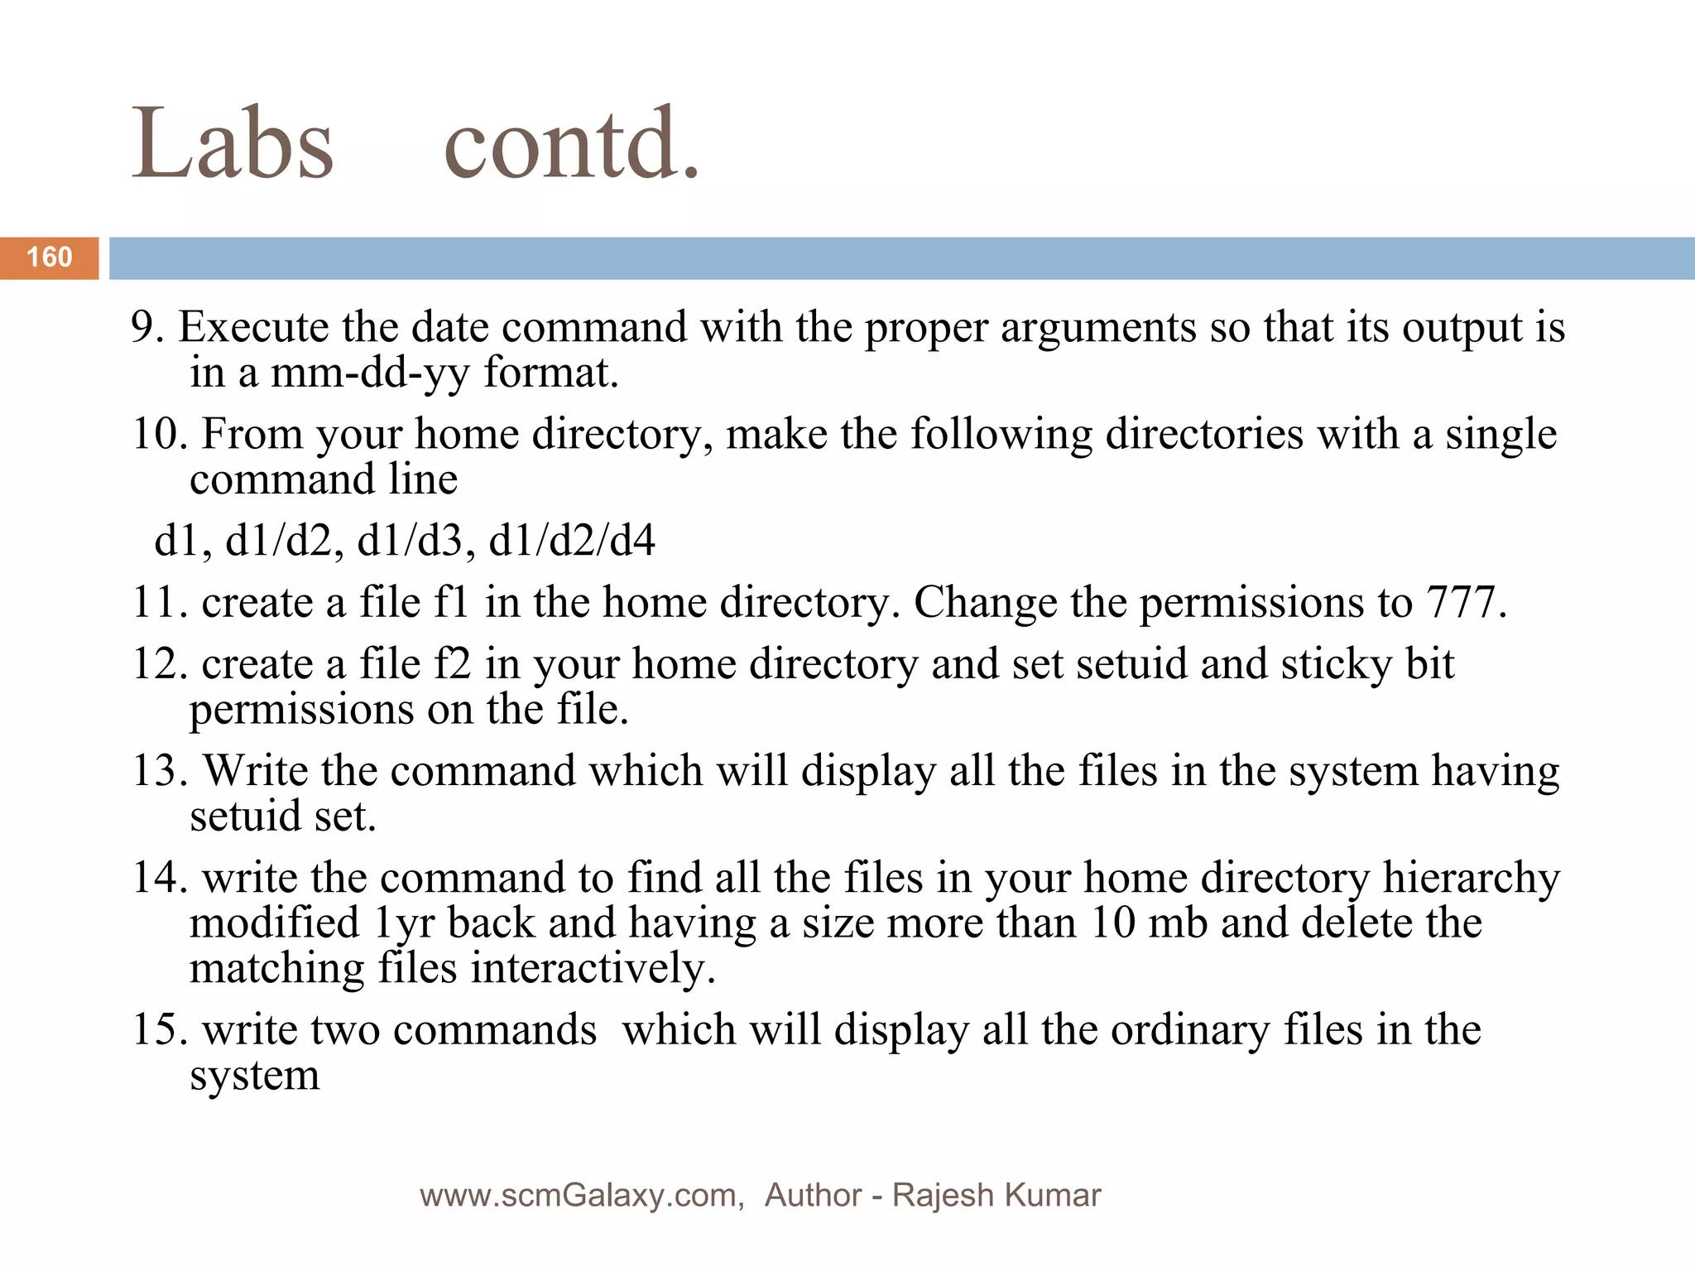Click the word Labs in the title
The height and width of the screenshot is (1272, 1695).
coord(233,143)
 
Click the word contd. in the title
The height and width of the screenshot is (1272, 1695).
coord(571,143)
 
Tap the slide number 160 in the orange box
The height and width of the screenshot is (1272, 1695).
coord(50,258)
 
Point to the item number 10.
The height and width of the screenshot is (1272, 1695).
coord(159,434)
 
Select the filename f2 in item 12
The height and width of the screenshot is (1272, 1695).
coord(452,664)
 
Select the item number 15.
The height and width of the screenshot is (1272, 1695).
coord(159,1030)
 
